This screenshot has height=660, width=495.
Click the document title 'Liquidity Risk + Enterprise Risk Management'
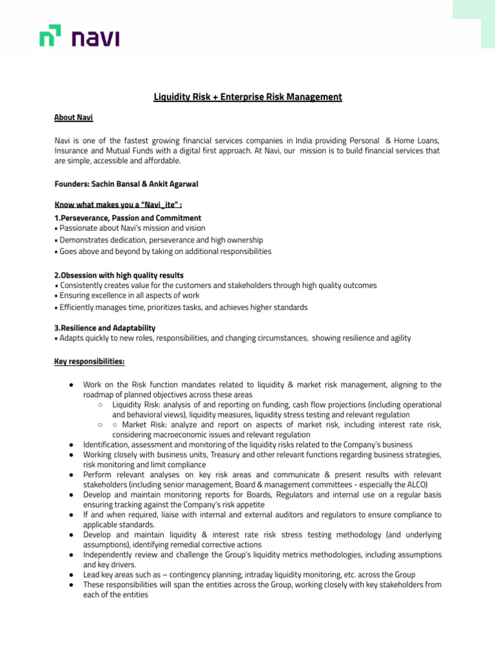(x=247, y=97)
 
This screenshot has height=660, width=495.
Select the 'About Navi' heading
(x=73, y=118)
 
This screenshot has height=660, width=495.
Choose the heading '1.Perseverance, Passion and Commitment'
(x=128, y=218)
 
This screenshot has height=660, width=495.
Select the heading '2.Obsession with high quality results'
(x=119, y=275)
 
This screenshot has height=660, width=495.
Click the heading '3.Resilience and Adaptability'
(x=104, y=328)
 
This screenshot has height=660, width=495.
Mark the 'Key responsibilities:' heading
(x=90, y=362)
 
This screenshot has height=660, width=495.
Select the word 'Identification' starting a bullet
(x=108, y=445)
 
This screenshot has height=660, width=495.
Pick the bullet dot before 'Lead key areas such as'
(x=69, y=575)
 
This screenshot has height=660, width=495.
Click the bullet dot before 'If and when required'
(x=69, y=515)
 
